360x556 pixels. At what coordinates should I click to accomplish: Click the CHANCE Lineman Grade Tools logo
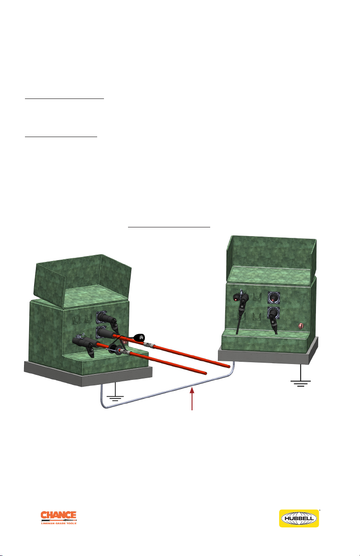click(x=59, y=517)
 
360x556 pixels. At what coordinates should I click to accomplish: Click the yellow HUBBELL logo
click(x=299, y=518)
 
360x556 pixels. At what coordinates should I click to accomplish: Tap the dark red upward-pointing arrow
click(x=192, y=399)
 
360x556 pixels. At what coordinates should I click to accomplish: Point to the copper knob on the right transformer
click(x=301, y=326)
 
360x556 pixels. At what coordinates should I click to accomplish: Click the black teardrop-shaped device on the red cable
click(x=139, y=337)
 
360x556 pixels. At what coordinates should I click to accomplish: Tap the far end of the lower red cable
click(x=205, y=373)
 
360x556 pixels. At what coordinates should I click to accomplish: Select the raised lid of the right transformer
click(x=271, y=259)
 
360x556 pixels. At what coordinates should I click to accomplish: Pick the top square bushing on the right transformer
click(x=274, y=298)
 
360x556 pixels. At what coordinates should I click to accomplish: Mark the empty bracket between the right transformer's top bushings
click(x=257, y=297)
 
